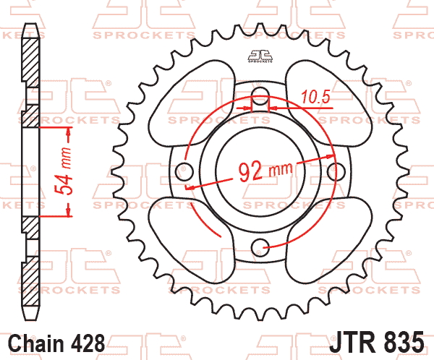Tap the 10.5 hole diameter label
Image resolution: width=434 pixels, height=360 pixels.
click(316, 97)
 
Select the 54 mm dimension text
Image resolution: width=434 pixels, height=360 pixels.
click(62, 171)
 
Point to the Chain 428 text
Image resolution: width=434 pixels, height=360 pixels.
click(56, 343)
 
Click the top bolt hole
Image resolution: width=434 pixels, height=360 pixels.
click(260, 96)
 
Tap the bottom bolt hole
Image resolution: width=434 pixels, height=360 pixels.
click(260, 247)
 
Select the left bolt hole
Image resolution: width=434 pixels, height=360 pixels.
click(184, 171)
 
